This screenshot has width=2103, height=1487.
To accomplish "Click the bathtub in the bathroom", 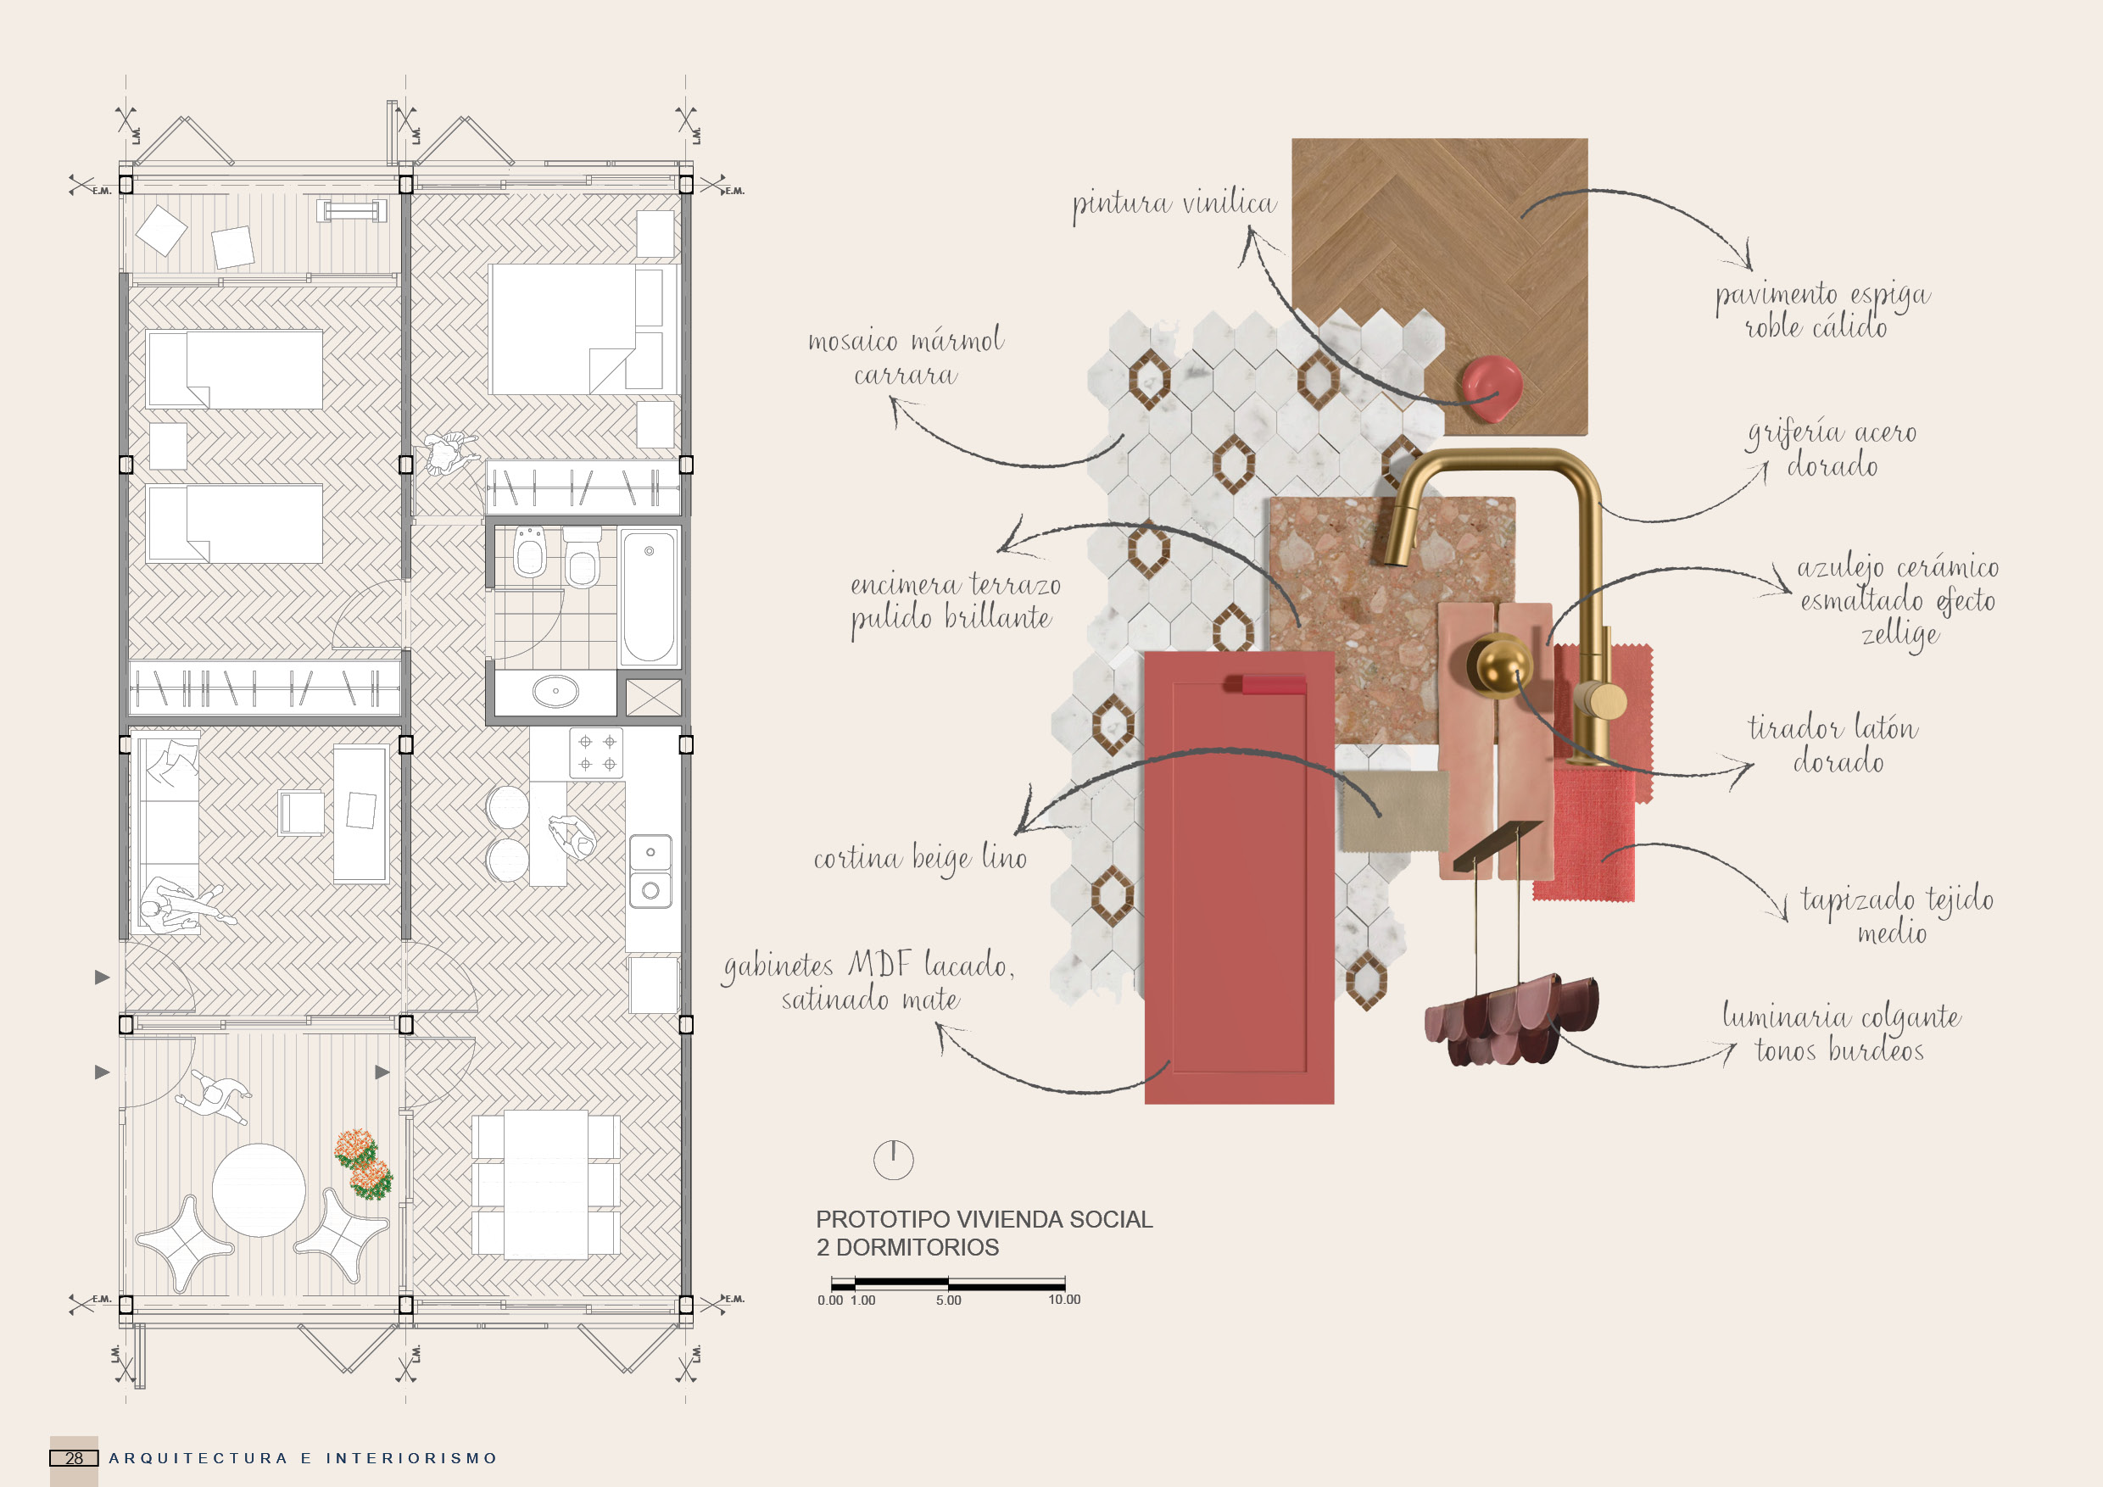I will [x=649, y=597].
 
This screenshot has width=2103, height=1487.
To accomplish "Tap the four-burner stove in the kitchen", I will [x=596, y=753].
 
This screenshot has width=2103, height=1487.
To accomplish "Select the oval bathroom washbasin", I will [x=555, y=691].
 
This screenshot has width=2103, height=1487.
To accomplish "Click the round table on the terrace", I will [x=259, y=1189].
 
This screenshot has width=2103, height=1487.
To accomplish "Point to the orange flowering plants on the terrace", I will [x=364, y=1165].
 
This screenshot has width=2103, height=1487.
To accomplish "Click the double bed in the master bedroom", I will [x=562, y=329].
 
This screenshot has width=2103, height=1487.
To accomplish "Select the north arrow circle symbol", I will [x=893, y=1160].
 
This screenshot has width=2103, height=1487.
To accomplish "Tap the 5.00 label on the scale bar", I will [x=949, y=1300].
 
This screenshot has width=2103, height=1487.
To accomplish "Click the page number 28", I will [x=74, y=1457].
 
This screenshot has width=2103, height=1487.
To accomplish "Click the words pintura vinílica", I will [x=1174, y=203].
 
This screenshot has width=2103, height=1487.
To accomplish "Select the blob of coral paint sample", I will [x=1491, y=387].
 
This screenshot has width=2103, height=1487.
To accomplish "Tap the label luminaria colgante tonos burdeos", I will [x=1839, y=1033].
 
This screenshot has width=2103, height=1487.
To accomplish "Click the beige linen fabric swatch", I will [x=1395, y=810].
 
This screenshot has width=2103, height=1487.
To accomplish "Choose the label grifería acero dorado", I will [x=1831, y=448].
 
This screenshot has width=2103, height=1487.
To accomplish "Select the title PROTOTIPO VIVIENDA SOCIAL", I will [x=984, y=1220].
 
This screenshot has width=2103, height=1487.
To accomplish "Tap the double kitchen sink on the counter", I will [x=650, y=871].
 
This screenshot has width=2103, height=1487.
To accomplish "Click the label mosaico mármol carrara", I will [x=906, y=357].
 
